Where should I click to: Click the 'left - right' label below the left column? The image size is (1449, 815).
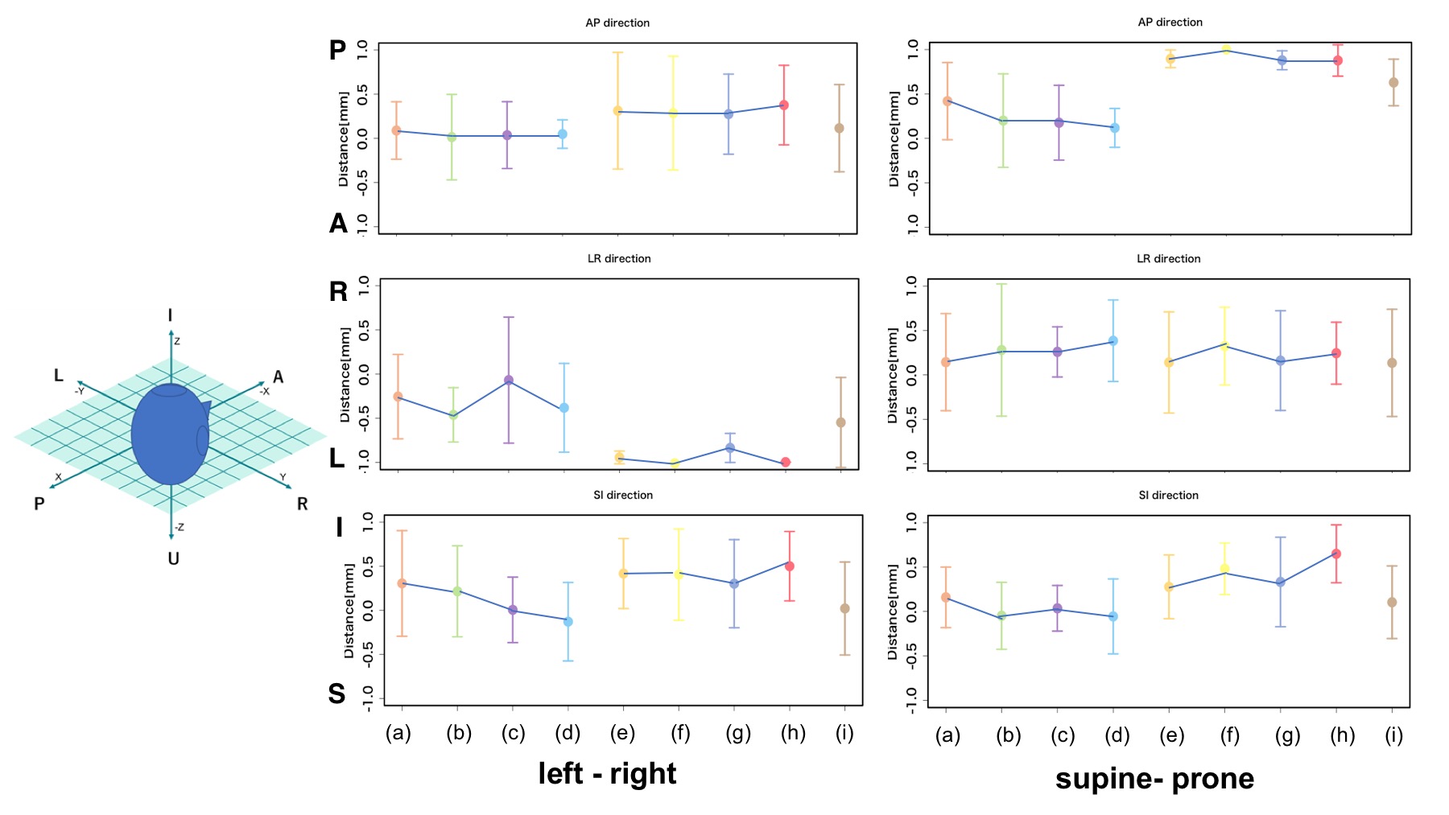607,773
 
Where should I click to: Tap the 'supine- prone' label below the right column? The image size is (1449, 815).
1154,778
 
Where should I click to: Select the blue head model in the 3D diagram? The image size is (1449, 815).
170,434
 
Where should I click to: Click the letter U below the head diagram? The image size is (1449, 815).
173,558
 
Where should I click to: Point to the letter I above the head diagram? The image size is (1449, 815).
170,315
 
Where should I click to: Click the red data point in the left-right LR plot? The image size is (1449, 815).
786,462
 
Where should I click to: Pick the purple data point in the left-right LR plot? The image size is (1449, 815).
509,380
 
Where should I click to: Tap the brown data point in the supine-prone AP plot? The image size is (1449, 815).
1393,82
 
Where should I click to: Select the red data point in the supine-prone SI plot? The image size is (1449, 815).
1336,554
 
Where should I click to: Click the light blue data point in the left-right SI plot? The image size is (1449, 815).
568,621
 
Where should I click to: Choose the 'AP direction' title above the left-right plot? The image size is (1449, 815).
617,23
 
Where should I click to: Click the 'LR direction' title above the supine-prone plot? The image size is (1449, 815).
1168,258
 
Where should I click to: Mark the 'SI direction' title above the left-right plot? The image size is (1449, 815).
623,495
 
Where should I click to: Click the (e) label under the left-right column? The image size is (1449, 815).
622,732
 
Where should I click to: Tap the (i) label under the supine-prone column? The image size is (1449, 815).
1394,735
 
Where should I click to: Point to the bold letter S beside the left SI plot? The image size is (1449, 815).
337,693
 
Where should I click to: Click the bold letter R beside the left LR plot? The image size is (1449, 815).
338,291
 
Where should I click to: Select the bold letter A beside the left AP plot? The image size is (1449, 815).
338,223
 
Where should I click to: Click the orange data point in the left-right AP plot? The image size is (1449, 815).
396,130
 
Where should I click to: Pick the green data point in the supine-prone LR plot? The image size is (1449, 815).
1002,350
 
